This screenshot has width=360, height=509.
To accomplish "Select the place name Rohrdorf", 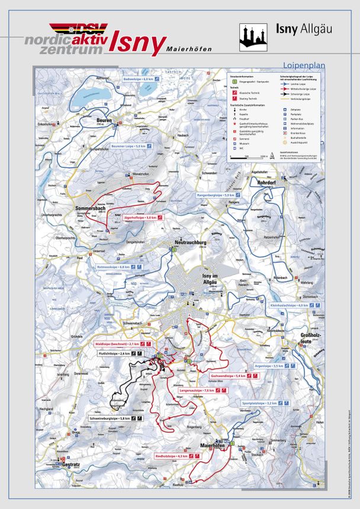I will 268,183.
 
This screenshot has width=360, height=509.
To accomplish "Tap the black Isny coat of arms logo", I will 253,37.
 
